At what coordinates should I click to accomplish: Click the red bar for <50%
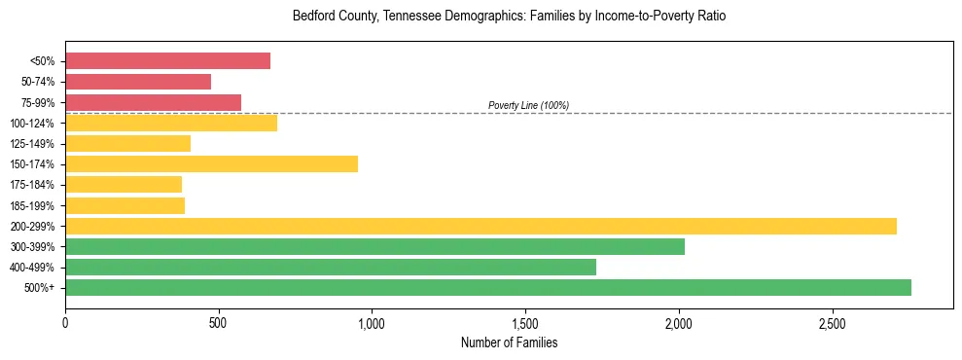(167, 61)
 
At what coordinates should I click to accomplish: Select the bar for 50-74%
(138, 82)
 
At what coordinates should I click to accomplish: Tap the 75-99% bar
(153, 102)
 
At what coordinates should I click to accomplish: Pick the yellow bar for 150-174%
(211, 163)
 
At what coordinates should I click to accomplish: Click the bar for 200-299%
(481, 226)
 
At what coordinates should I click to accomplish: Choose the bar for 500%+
(488, 287)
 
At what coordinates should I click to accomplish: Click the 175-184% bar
(124, 184)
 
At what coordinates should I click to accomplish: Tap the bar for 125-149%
(127, 143)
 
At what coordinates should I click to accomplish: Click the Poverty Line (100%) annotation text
(528, 105)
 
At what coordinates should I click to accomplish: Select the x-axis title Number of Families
(509, 342)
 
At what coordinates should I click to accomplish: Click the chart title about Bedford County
(509, 17)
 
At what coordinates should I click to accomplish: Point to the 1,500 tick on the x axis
(525, 322)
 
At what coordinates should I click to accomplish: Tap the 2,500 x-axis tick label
(832, 322)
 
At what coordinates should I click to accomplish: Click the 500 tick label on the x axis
(219, 322)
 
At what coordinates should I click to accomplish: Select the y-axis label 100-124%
(32, 124)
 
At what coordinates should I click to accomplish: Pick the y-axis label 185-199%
(32, 205)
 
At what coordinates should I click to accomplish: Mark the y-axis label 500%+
(39, 288)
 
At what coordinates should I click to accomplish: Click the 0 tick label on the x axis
(65, 322)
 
